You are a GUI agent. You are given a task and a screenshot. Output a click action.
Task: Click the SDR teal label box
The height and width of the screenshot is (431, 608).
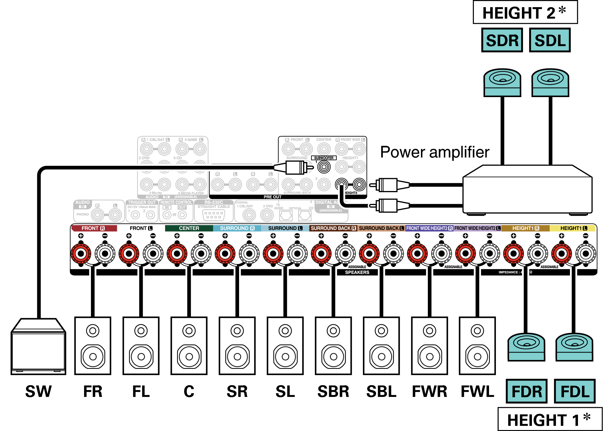coord(502,40)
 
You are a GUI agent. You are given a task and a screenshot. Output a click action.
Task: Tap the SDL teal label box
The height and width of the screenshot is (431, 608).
coord(550,40)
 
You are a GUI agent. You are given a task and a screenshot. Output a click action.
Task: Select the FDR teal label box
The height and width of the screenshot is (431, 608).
coord(526,391)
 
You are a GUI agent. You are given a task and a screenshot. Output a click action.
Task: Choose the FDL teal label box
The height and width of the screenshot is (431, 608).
coord(575,391)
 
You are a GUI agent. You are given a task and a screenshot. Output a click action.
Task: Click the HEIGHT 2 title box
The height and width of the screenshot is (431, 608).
coord(525,13)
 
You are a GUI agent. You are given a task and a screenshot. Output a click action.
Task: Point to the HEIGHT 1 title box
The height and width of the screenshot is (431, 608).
coord(550,420)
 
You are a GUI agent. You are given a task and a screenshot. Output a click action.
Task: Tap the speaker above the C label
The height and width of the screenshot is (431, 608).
coord(189,345)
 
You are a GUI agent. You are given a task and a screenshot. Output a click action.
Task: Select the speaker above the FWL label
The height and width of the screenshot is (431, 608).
coord(477,345)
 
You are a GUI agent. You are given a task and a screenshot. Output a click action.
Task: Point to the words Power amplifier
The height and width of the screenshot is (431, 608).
coord(435,152)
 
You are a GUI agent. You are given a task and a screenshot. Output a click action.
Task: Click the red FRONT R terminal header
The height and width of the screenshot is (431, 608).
coord(94,228)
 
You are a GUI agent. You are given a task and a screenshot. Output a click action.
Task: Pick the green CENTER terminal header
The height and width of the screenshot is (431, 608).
coord(189,228)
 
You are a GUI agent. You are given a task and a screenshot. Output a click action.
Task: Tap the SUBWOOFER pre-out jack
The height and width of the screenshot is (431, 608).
coord(324,167)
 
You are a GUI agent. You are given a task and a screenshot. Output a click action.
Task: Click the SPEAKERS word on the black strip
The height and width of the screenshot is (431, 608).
coord(357,272)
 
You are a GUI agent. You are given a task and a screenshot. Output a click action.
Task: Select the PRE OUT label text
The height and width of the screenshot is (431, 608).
coord(272,197)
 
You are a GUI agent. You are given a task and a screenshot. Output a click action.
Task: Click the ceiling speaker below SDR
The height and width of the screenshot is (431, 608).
coord(502,82)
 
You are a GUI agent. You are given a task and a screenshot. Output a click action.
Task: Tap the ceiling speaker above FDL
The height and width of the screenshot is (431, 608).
coord(574,347)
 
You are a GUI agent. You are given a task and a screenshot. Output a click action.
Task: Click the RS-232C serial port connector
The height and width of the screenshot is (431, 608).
coord(213,215)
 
